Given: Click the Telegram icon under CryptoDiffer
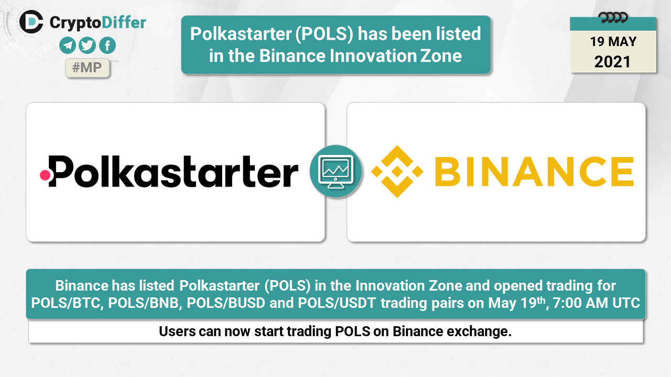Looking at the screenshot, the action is (68, 46).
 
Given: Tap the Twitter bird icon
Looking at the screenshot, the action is (87, 46).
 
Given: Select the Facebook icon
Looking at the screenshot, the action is (107, 46).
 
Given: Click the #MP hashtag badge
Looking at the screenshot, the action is (87, 68).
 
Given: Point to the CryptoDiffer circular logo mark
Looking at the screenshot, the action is (31, 22).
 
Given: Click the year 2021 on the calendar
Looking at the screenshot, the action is (612, 62).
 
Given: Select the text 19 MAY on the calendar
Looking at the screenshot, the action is (613, 41).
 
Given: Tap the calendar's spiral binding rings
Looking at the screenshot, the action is (613, 18).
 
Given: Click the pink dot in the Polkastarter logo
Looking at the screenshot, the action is (45, 175).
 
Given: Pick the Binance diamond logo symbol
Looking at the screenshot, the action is (397, 171).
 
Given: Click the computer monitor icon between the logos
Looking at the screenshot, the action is (335, 172).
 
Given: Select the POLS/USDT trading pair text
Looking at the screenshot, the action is (337, 303).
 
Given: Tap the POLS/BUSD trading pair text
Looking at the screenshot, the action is (226, 303).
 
